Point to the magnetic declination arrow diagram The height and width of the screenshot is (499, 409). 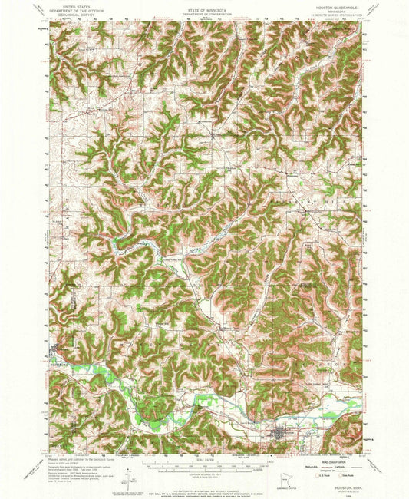[x=107, y=470]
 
